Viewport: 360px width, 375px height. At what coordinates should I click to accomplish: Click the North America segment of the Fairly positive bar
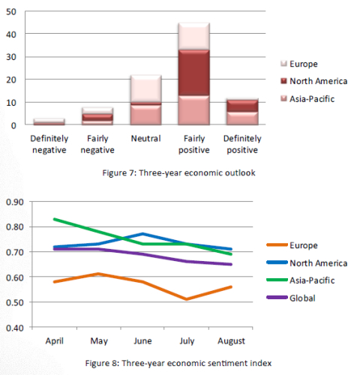(x=193, y=73)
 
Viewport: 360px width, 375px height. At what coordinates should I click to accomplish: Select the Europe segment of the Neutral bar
(x=145, y=88)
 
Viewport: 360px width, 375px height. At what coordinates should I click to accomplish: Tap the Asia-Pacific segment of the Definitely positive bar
(x=242, y=118)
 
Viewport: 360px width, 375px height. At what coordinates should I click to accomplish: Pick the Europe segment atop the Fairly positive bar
(x=193, y=36)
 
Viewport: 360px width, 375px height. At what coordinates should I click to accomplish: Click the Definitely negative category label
(x=49, y=144)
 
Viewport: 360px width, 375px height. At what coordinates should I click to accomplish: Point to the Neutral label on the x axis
(x=145, y=139)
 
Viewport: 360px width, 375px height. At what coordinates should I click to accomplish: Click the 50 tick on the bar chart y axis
(x=11, y=12)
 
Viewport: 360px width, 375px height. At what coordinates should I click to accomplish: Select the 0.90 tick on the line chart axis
(x=15, y=202)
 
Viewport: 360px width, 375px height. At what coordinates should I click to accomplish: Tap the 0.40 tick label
(x=15, y=328)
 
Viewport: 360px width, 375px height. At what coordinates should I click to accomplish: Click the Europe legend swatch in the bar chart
(x=283, y=64)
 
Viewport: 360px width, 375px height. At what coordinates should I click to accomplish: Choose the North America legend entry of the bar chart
(x=314, y=81)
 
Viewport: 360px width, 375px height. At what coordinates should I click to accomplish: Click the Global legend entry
(x=291, y=298)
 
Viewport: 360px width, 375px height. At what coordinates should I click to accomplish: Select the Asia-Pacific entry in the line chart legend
(x=301, y=280)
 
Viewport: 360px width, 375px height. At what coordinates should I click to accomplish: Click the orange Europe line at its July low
(x=187, y=299)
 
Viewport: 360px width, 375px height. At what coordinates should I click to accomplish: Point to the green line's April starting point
(x=55, y=219)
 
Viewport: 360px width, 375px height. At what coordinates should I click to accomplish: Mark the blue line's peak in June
(x=142, y=234)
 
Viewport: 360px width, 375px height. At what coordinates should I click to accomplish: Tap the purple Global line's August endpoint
(x=231, y=264)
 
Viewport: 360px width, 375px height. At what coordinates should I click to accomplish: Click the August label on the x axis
(x=231, y=341)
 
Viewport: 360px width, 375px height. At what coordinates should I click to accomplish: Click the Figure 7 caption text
(x=178, y=172)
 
